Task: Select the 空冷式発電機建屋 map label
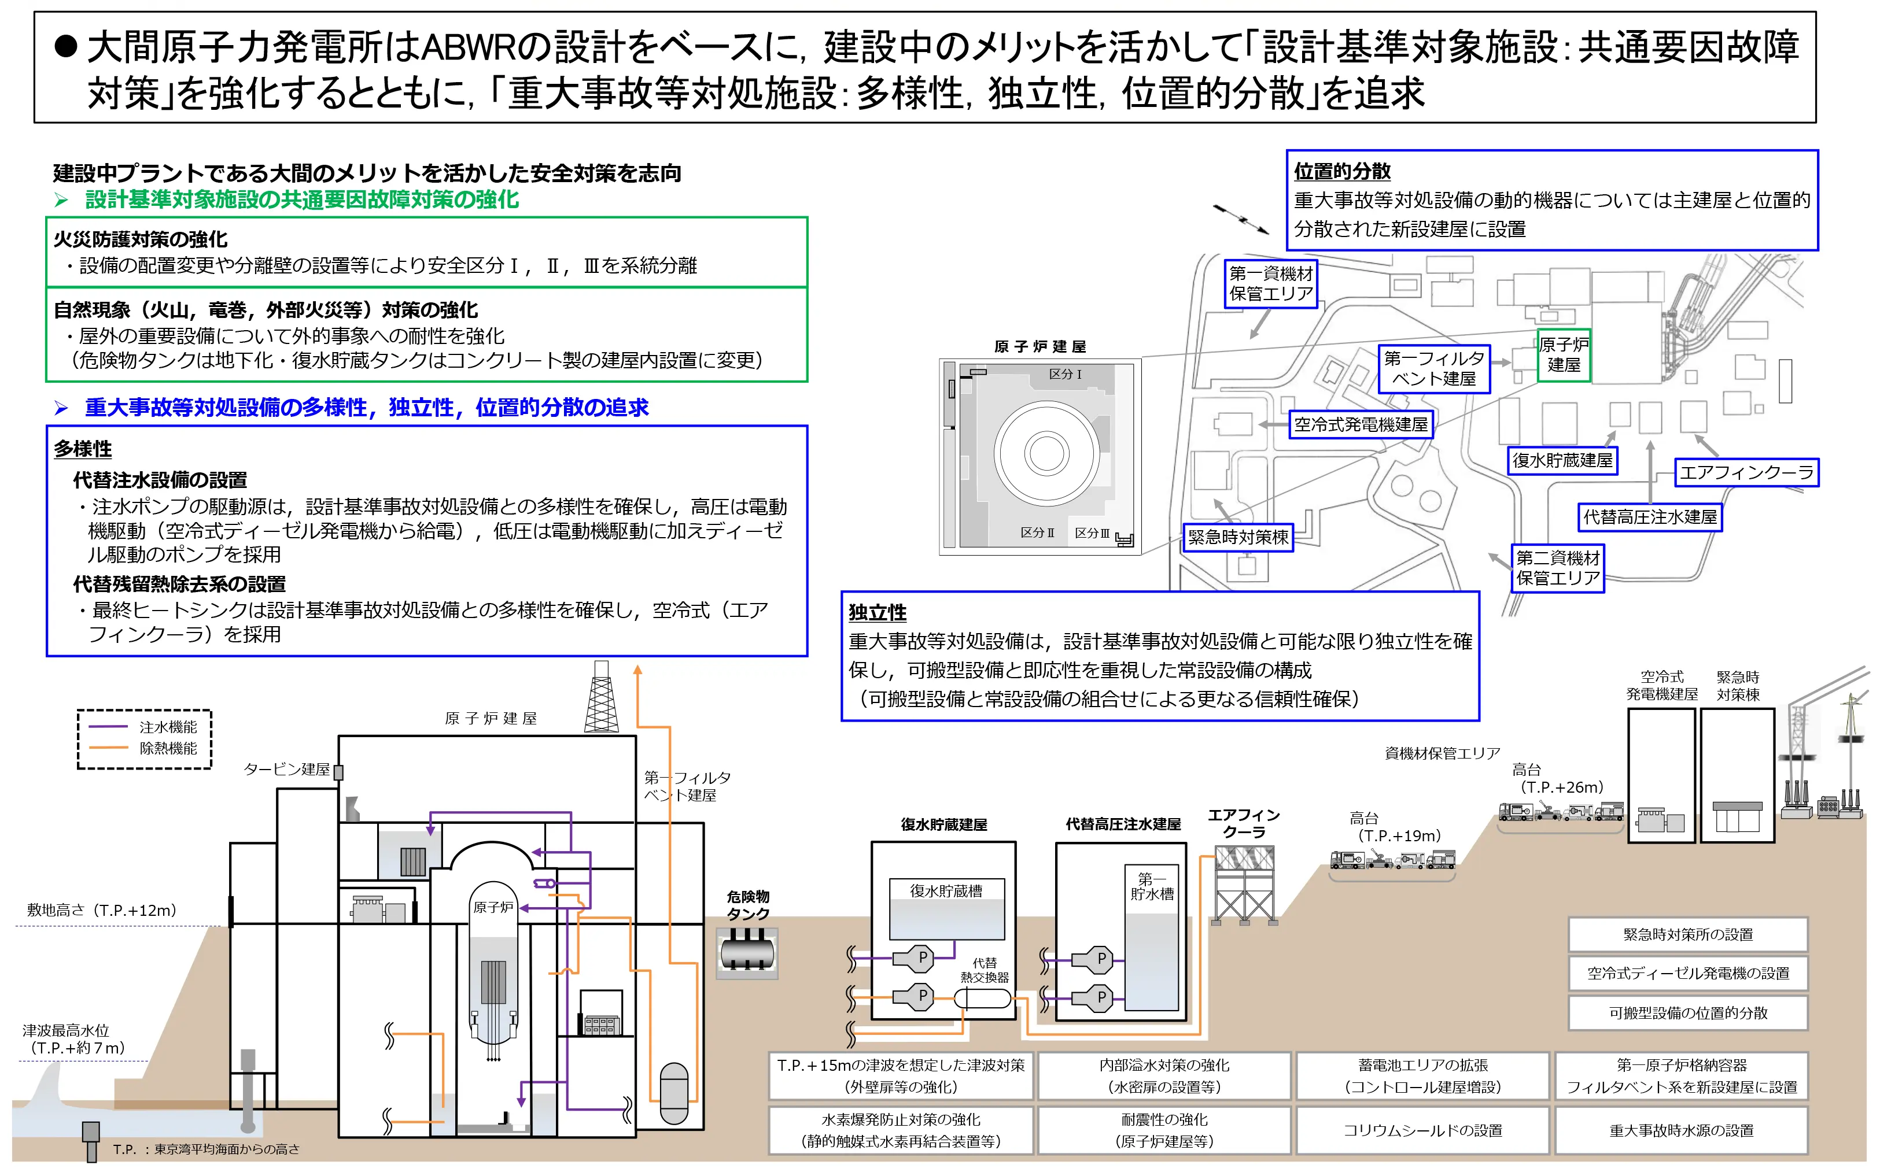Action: [1360, 424]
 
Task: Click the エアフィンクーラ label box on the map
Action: [1746, 472]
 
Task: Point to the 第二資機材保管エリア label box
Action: [1557, 568]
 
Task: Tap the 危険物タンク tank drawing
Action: [747, 952]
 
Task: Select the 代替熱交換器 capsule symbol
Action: [983, 998]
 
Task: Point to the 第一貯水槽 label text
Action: [1152, 887]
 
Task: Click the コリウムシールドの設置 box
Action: [1422, 1130]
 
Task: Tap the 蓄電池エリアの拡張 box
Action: [1422, 1075]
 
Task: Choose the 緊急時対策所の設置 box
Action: [1688, 935]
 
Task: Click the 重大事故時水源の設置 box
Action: [1681, 1130]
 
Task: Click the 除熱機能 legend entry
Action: [167, 748]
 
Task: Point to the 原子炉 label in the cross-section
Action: [493, 908]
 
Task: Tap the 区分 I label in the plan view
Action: [1066, 374]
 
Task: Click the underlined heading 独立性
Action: [877, 613]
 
